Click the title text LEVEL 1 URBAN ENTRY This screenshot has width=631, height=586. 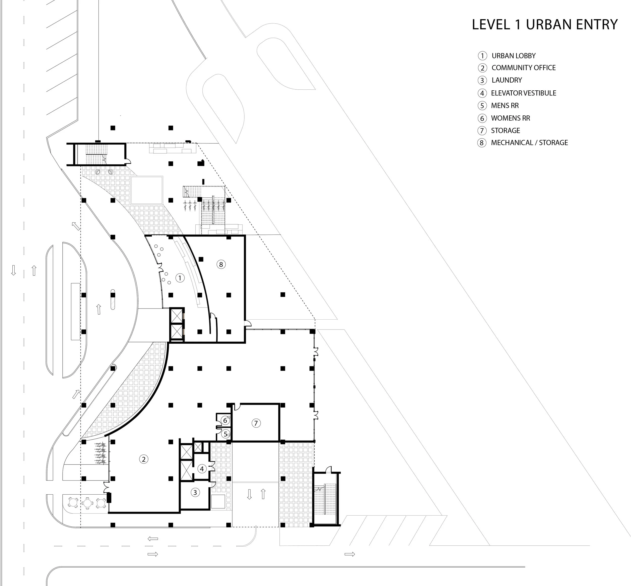[x=544, y=25]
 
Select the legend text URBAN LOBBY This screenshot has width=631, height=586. [x=513, y=56]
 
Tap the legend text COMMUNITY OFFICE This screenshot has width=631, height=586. [x=523, y=68]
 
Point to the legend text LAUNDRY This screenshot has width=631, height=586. [x=507, y=80]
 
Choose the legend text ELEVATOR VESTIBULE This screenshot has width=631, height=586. [x=523, y=93]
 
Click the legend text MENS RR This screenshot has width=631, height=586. [x=505, y=106]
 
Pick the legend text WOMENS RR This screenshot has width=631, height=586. [x=510, y=118]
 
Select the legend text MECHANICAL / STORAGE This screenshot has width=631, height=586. [x=529, y=143]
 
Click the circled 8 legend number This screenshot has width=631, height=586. [x=482, y=143]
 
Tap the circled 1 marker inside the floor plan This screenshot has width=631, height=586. [x=180, y=278]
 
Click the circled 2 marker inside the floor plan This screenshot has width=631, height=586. [x=144, y=459]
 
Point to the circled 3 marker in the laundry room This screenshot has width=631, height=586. [x=195, y=492]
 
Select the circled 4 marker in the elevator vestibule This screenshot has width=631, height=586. [x=202, y=469]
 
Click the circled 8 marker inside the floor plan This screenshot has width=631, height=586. [x=221, y=264]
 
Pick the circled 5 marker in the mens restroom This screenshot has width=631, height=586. [x=225, y=434]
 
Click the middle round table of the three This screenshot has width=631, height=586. [x=87, y=503]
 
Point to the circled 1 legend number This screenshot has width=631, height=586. [x=482, y=56]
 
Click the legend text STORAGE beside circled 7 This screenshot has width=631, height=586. [x=505, y=131]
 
